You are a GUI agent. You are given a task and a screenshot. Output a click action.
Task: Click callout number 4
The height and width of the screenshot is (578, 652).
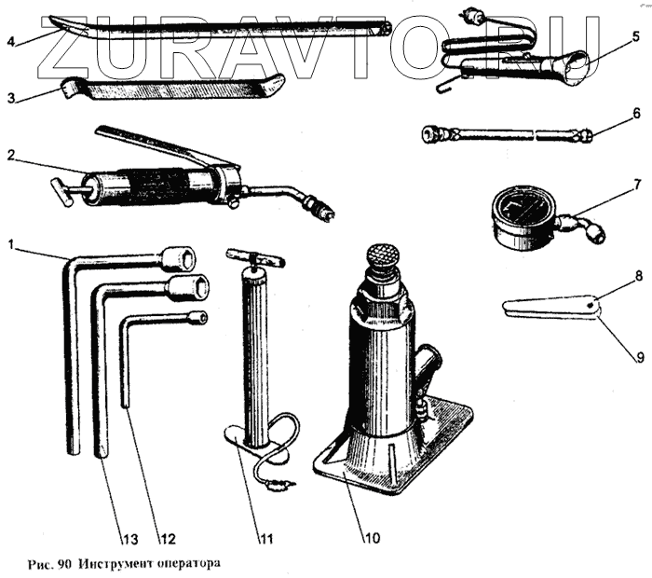point(10,41)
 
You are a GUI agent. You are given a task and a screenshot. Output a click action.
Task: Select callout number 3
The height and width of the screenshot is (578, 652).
point(10,96)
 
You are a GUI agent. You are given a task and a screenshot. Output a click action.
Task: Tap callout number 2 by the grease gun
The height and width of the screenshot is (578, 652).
point(10,156)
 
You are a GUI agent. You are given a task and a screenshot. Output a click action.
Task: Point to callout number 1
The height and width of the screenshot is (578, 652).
point(10,245)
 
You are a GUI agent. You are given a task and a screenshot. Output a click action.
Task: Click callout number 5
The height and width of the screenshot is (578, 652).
point(635,37)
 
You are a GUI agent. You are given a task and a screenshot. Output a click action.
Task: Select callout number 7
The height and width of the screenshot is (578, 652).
point(636,184)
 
